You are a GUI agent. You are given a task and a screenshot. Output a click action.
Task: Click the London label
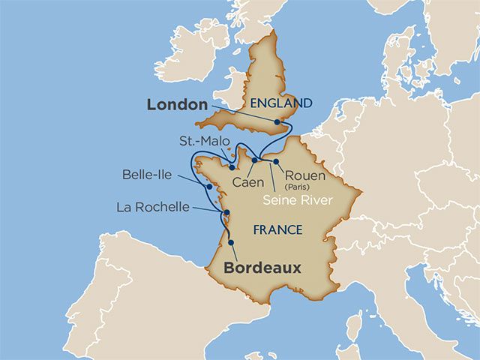(176, 105)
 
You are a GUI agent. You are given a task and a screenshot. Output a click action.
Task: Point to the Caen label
(247, 182)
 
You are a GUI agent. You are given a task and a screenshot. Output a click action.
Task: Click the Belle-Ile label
(147, 175)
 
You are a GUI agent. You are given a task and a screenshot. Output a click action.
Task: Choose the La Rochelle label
(153, 206)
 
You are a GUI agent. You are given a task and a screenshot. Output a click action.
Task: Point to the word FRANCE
(277, 229)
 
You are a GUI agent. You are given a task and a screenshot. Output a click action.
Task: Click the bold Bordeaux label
(253, 268)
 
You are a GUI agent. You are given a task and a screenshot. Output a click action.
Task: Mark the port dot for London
(277, 121)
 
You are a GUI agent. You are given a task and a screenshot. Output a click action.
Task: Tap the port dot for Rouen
(276, 161)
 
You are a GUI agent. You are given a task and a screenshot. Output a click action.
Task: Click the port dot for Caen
(254, 160)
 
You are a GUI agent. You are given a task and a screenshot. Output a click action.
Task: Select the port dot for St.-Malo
(232, 168)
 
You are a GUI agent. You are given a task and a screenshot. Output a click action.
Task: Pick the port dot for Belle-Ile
(208, 186)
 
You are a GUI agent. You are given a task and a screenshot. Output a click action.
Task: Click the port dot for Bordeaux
(230, 242)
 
